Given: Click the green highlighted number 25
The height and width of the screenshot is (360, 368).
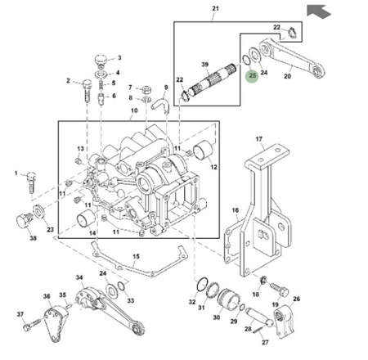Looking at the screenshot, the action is pos(253,75).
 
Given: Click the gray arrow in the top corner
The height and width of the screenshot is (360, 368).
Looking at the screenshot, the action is pos(318,11).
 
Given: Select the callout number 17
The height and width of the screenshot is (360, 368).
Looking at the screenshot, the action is pos(258,139).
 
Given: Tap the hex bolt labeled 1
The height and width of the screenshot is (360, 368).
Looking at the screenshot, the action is pos(31,182).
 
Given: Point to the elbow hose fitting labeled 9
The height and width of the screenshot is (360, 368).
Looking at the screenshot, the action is pos(160,105).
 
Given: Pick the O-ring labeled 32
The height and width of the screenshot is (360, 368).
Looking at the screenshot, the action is pos(202,285).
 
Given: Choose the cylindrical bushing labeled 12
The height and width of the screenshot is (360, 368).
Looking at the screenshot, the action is pos(203,151).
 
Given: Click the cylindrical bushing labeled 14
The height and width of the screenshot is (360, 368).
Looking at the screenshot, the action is pos(86,219).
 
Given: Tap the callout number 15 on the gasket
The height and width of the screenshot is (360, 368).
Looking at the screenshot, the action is pos(136,256).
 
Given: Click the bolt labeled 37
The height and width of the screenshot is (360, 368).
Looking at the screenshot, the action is pos(33,325).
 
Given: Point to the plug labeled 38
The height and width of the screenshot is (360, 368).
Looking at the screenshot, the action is pos(25,220).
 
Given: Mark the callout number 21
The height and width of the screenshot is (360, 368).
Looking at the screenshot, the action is pos(215,8).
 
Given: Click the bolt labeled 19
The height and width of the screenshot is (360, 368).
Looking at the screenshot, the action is pos(280,290).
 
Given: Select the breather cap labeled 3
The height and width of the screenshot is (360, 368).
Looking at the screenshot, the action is pos(100,61).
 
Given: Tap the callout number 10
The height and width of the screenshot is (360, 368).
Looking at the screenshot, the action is pos(134,110).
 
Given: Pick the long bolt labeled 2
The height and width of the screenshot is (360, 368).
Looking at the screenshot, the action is pos(87,91).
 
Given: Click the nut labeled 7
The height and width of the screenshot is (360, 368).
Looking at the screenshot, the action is pos(147,90).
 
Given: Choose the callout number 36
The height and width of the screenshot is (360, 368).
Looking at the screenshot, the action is pos(47,296).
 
